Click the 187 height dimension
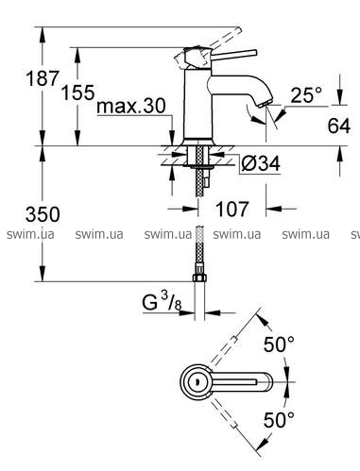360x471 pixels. pyautogui.click(x=43, y=78)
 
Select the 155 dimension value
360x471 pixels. pyautogui.click(x=77, y=93)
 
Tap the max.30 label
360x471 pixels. pyautogui.click(x=131, y=106)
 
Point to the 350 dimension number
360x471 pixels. pyautogui.click(x=43, y=214)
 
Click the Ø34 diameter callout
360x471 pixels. pyautogui.click(x=260, y=163)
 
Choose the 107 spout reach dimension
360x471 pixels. pyautogui.click(x=232, y=209)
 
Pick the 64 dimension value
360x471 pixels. pyautogui.click(x=339, y=126)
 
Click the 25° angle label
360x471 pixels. pyautogui.click(x=306, y=94)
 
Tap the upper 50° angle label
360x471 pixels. pyautogui.click(x=279, y=345)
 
